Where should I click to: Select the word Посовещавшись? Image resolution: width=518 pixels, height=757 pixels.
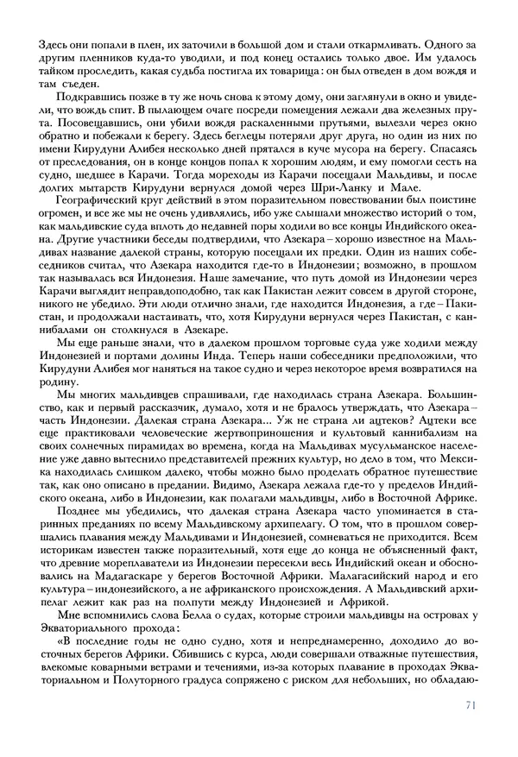(84, 124)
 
